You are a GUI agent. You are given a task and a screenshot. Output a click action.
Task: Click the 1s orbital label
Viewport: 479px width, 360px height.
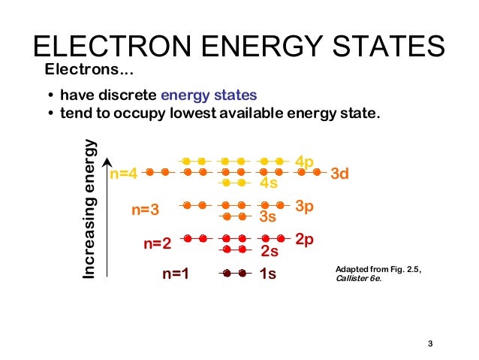point(267,274)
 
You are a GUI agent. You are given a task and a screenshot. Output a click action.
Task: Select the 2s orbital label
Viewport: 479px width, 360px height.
point(269,251)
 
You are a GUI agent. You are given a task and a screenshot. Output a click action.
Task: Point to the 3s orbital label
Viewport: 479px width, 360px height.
point(268,217)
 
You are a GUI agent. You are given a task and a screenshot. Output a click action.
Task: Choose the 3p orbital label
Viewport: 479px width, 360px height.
point(304,205)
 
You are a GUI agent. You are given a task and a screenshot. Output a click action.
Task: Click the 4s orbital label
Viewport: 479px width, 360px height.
point(268,183)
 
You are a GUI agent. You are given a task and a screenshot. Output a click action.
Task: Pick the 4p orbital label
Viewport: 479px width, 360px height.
point(304,162)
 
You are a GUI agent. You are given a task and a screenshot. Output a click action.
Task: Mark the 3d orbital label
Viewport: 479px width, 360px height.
point(340,174)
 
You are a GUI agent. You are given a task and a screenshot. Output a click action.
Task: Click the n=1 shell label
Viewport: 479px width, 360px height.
point(175,274)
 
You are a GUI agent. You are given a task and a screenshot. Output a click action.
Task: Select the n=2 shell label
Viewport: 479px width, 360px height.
point(158,244)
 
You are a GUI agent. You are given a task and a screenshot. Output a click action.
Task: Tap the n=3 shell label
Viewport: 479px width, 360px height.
point(146,210)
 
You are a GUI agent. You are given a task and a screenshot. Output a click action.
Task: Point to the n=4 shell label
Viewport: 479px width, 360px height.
point(123,174)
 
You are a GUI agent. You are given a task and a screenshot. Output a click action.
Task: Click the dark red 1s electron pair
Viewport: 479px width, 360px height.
point(233,273)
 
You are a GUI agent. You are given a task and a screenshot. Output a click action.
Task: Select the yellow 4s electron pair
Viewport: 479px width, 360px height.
point(233,183)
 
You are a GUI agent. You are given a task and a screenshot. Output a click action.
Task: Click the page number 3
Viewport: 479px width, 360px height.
point(430,344)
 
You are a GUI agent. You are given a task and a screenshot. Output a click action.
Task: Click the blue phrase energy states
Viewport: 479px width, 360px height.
point(209,95)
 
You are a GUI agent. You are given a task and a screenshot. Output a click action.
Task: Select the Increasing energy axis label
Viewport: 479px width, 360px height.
point(89,210)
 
